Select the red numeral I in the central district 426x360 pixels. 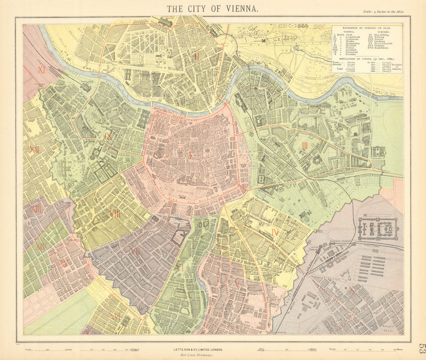click(190, 155)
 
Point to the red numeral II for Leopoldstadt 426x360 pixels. click(196, 56)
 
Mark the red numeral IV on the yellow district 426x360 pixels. click(275, 232)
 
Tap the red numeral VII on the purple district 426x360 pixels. click(135, 251)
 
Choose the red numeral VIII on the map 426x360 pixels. click(115, 214)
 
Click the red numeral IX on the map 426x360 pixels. click(108, 136)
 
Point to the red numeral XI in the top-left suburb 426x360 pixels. click(41, 70)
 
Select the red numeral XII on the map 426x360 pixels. click(34, 150)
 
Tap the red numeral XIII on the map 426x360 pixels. click(36, 209)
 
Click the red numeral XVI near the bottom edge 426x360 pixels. click(115, 316)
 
